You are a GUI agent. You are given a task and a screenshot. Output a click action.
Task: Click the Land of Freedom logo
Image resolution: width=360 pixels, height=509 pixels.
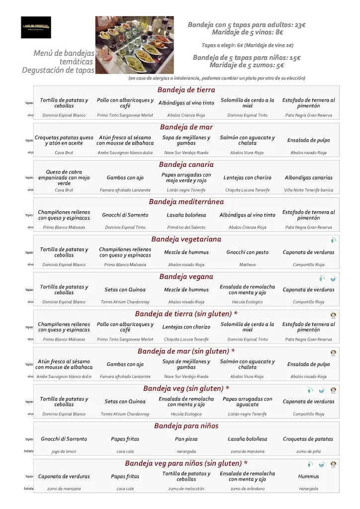pyautogui.click(x=36, y=27)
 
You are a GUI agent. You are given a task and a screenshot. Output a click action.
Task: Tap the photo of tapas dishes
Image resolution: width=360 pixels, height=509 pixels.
pyautogui.click(x=134, y=45)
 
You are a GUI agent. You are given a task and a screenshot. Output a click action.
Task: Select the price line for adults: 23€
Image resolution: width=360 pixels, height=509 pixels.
pyautogui.click(x=247, y=24)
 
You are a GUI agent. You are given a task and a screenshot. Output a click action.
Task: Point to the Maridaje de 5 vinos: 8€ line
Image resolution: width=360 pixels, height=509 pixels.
pyautogui.click(x=247, y=32)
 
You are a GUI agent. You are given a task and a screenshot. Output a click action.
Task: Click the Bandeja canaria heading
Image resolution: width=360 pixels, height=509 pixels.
pyautogui.click(x=186, y=165)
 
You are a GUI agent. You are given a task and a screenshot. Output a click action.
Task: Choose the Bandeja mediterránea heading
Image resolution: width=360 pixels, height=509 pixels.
pyautogui.click(x=186, y=202)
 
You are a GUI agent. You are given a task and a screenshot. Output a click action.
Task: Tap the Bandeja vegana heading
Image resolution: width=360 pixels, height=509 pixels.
pyautogui.click(x=186, y=276)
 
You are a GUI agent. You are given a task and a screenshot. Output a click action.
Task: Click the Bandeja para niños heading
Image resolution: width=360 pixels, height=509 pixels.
pyautogui.click(x=186, y=426)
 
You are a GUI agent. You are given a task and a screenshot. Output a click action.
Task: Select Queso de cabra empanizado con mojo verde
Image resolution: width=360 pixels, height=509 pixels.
pyautogui.click(x=64, y=177)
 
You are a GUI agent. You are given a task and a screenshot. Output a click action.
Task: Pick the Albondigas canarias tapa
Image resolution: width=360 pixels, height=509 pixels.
pyautogui.click(x=309, y=177)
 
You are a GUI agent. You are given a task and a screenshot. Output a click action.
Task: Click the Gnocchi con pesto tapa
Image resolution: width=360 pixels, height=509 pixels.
pyautogui.click(x=247, y=252)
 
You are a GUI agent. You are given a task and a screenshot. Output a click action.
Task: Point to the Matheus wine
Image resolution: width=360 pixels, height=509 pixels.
pyautogui.click(x=247, y=265)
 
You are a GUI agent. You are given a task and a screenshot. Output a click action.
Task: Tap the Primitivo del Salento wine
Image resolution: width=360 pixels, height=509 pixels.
pyautogui.click(x=186, y=227)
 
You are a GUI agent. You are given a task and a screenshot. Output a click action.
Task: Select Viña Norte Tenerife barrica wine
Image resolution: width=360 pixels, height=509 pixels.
pyautogui.click(x=309, y=190)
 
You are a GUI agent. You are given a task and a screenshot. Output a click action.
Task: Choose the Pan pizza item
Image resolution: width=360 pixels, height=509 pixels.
pyautogui.click(x=186, y=439)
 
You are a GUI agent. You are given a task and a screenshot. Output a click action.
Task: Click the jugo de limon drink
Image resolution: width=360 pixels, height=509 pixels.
pyautogui.click(x=64, y=451)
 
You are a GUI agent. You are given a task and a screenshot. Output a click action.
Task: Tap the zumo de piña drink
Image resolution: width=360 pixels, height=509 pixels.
pyautogui.click(x=309, y=451)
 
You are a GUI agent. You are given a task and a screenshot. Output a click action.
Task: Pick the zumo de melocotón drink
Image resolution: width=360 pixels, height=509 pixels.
pyautogui.click(x=186, y=489)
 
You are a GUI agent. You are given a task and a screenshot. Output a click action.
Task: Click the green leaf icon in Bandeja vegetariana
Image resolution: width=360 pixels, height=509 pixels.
pyautogui.click(x=334, y=240)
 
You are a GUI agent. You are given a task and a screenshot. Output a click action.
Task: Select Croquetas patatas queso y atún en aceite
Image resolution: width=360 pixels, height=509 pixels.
pyautogui.click(x=64, y=140)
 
